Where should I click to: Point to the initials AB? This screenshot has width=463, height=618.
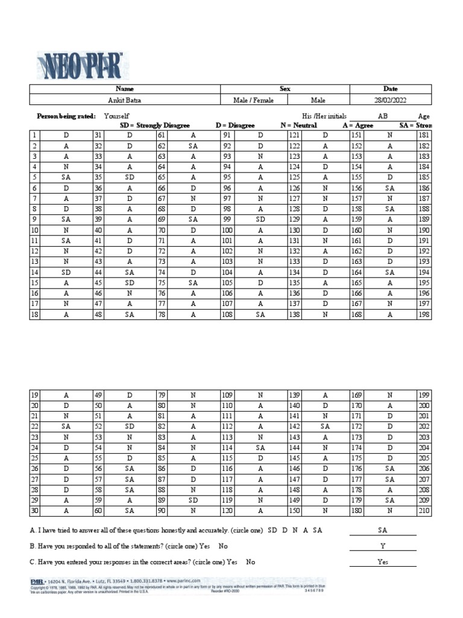pyautogui.click(x=383, y=115)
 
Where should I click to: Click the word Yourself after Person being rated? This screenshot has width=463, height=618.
pyautogui.click(x=116, y=115)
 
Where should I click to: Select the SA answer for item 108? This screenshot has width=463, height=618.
pyautogui.click(x=260, y=314)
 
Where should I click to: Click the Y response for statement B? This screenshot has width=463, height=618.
pyautogui.click(x=382, y=546)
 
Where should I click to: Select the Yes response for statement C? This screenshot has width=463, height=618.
pyautogui.click(x=382, y=561)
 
